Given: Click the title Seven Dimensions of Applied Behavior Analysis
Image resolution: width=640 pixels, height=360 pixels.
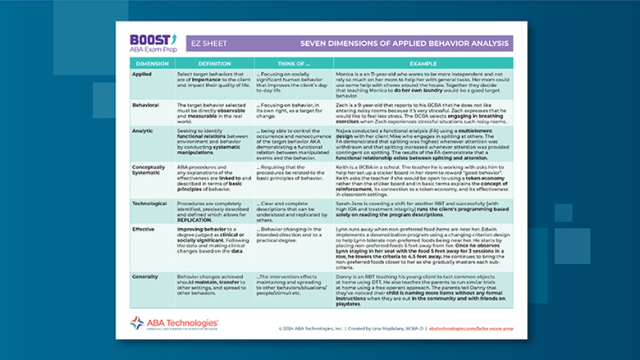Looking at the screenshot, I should pyautogui.click(x=404, y=44).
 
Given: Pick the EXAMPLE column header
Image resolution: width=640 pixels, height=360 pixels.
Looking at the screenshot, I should pyautogui.click(x=423, y=63).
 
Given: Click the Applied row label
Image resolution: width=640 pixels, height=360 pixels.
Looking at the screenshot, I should pyautogui.click(x=142, y=73).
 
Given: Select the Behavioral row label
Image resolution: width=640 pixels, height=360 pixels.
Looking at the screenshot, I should pyautogui.click(x=145, y=105).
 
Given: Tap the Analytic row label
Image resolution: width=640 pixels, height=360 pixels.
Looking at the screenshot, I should pyautogui.click(x=143, y=129).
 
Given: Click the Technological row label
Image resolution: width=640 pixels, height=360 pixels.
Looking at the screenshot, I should pyautogui.click(x=150, y=203).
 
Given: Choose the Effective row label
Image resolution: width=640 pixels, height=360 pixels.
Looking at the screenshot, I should pyautogui.click(x=144, y=229).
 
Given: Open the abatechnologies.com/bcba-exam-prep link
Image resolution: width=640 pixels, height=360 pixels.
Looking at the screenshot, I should pyautogui.click(x=470, y=328).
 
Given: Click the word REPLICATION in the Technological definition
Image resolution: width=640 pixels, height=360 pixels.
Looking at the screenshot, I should pyautogui.click(x=195, y=220).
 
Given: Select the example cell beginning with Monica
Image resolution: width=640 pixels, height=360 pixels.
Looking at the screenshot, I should pyautogui.click(x=423, y=84).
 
